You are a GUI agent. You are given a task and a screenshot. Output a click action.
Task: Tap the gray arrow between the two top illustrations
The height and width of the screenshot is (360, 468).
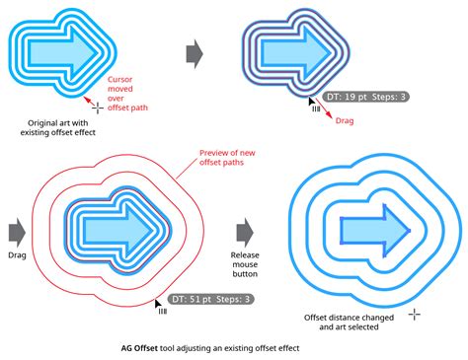195,51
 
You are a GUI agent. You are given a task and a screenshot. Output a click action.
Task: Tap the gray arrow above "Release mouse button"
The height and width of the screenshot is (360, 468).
247,231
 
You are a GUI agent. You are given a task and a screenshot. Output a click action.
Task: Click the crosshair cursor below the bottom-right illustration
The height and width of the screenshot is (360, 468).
416,314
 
